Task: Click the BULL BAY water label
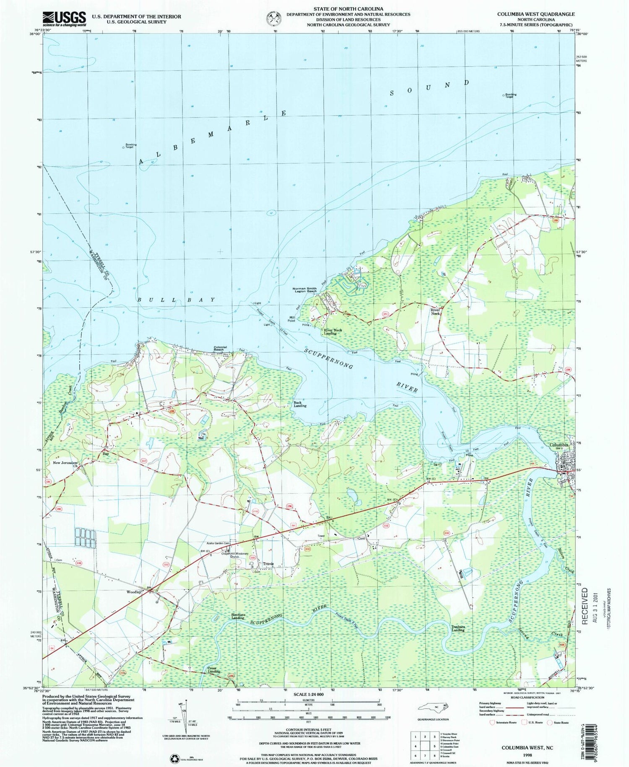177,300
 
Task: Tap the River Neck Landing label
332,331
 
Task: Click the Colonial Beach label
220,348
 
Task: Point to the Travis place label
268,563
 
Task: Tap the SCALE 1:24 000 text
308,694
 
